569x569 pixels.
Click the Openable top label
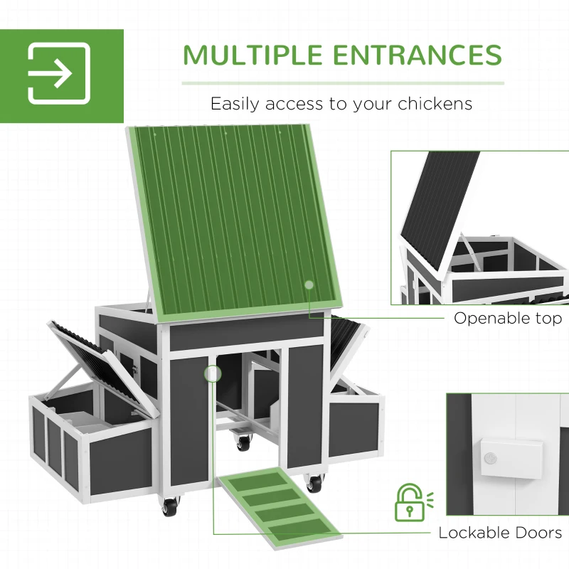tap(508, 318)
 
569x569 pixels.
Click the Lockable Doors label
tap(500, 533)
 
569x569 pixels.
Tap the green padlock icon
tap(408, 503)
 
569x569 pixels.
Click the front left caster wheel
tap(169, 506)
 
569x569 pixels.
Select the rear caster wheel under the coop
tap(244, 442)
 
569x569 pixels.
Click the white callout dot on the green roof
tap(309, 284)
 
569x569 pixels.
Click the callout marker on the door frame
tap(212, 373)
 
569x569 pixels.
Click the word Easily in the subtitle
tap(235, 104)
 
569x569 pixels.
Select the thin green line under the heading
tap(342, 83)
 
